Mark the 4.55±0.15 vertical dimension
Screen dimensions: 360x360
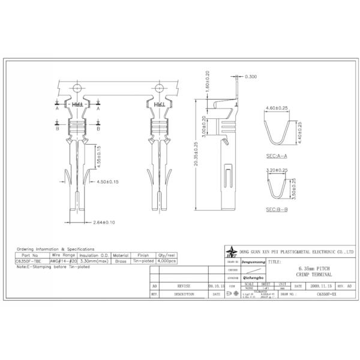click(x=100, y=156)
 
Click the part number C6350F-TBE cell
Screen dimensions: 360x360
click(x=29, y=261)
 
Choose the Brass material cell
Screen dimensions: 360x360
click(x=121, y=261)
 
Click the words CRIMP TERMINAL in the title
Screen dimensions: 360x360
click(x=314, y=274)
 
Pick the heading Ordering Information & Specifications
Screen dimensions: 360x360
click(x=55, y=248)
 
